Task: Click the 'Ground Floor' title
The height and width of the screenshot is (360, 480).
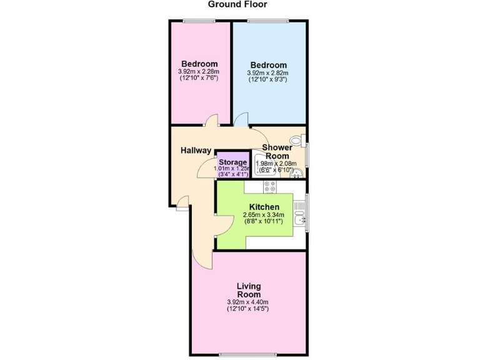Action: coord(237,5)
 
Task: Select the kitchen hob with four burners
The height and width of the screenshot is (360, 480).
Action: coord(271,187)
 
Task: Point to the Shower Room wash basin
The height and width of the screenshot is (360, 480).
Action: coord(297,173)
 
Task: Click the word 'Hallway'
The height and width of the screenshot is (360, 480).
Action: coord(196,151)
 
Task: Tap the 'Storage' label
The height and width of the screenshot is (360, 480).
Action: coord(232,162)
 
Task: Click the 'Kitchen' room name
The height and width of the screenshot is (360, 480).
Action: coord(264,207)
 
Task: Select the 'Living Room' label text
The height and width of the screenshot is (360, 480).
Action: coord(248,290)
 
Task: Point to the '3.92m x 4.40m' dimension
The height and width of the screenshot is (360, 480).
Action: coord(248,302)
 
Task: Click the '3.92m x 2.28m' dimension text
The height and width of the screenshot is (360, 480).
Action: coord(199,72)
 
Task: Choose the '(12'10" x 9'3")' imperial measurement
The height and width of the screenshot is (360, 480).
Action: coord(268,80)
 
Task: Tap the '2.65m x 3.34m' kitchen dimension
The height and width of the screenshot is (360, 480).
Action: coord(263,214)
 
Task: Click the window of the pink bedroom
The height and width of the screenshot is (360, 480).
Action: coord(199,21)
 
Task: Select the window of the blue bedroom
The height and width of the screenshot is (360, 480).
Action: coord(268,21)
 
